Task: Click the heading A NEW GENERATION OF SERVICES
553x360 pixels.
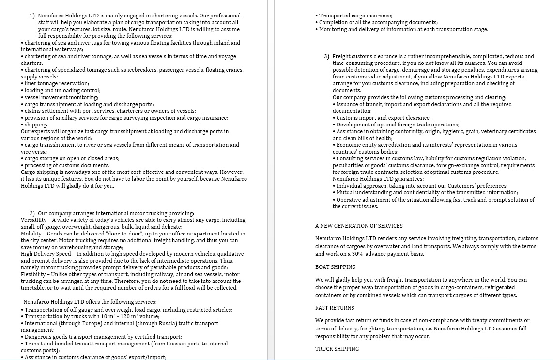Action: (358, 226)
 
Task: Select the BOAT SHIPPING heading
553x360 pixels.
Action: (335, 267)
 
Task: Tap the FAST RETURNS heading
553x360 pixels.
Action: (334, 308)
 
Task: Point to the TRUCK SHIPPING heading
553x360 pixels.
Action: (337, 349)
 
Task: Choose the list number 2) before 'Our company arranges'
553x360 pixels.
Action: (32, 213)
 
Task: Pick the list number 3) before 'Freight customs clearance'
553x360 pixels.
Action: (327, 56)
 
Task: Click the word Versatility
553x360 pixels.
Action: (34, 220)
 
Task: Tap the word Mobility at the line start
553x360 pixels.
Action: (31, 234)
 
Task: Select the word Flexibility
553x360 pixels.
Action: (34, 274)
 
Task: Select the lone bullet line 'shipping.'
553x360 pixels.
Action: (36, 125)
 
